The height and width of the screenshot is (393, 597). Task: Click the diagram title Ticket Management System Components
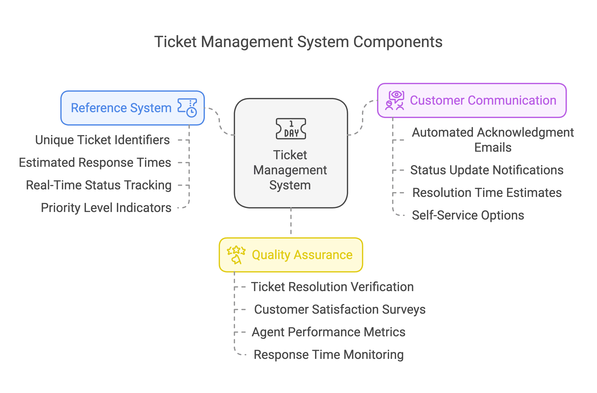298,42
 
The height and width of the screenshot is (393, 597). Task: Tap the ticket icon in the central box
291,128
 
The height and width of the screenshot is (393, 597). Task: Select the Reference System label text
121,108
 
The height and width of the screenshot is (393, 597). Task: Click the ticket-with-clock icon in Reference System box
187,108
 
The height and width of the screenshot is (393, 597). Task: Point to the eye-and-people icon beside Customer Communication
395,100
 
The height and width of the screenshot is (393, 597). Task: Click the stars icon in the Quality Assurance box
236,255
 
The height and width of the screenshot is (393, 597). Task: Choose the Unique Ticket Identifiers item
102,140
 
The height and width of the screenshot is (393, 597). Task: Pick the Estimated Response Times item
95,162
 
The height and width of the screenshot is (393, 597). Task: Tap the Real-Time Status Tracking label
99,185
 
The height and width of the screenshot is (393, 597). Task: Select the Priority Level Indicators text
106,208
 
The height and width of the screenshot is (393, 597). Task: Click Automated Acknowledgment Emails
493,140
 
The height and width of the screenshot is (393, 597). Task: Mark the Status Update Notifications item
487,170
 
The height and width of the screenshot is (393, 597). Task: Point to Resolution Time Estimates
487,193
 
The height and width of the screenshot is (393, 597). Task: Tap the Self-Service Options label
468,215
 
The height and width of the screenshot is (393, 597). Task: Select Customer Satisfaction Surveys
340,309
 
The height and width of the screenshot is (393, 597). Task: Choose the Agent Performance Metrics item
329,332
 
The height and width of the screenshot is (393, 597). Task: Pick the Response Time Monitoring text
329,355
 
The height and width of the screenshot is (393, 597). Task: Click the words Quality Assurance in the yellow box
302,255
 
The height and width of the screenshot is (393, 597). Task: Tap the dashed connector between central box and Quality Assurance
291,222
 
